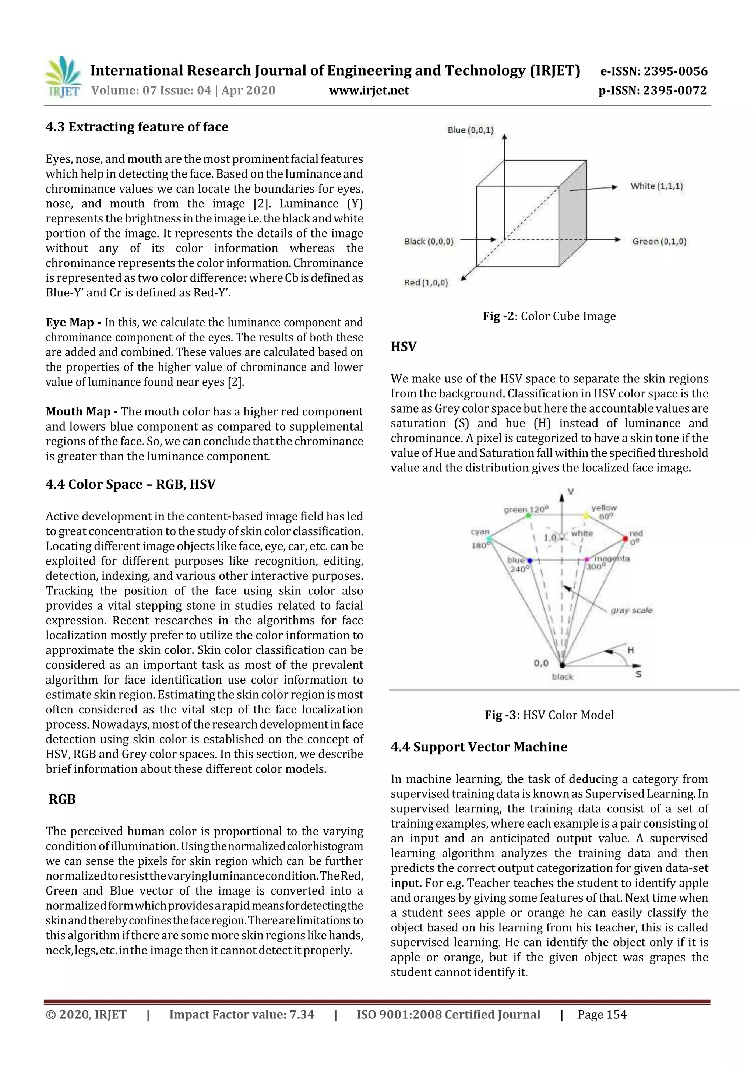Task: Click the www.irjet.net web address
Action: coord(369,91)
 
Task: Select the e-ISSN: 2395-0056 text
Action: coord(653,71)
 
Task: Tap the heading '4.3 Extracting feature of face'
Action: coord(137,127)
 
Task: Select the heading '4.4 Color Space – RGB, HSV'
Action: coord(131,484)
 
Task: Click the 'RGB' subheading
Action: coord(62,799)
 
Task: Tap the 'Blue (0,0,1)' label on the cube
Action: coord(470,130)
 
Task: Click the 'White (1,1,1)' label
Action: coord(656,186)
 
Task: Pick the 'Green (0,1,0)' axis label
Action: coord(659,241)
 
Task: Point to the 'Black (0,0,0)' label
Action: coord(428,241)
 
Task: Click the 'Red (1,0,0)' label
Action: coord(426,282)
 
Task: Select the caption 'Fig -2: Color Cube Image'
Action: coord(549,316)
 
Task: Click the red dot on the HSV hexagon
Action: coord(625,538)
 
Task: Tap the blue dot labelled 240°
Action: coord(530,561)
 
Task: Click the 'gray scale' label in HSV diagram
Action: coord(631,610)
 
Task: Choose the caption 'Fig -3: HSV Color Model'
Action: coord(549,715)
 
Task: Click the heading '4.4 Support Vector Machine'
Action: coord(479,747)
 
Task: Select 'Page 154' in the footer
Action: coord(602,1014)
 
